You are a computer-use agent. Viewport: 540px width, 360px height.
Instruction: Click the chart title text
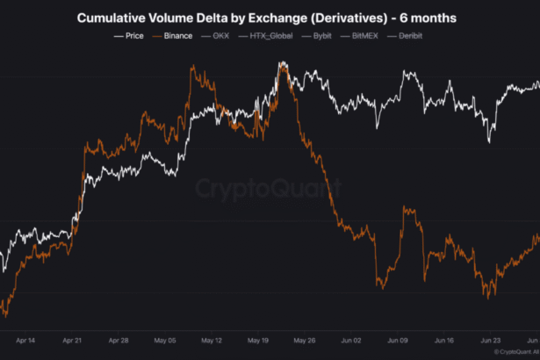(270, 17)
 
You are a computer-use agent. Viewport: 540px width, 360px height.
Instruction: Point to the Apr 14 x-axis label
(25, 339)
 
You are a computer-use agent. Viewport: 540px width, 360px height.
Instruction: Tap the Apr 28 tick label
(118, 339)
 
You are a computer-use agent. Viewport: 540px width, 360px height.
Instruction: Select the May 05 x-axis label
(165, 339)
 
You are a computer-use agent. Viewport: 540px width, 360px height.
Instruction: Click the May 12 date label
(212, 339)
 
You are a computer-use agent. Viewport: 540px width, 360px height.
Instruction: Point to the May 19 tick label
(258, 339)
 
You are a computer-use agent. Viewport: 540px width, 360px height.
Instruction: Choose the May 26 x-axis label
(305, 339)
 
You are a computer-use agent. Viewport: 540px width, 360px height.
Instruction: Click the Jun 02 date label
(351, 339)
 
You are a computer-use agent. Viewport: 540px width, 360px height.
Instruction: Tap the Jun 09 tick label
(398, 339)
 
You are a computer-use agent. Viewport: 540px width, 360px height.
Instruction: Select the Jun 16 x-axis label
(444, 339)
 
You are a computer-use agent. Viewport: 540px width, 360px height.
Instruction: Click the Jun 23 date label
(491, 339)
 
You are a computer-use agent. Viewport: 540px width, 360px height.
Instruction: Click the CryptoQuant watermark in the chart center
(268, 187)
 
